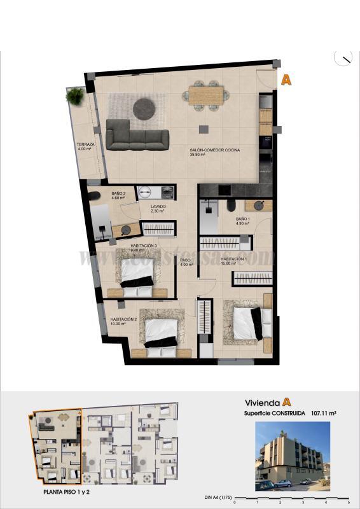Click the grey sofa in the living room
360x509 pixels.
pyautogui.click(x=137, y=135)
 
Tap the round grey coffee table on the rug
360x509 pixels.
pyautogui.click(x=143, y=109)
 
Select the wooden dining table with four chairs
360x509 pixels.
pyautogui.click(x=206, y=95)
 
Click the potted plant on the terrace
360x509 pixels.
pyautogui.click(x=75, y=97)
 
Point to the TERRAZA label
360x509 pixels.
pyautogui.click(x=85, y=145)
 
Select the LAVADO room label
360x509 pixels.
pyautogui.click(x=158, y=207)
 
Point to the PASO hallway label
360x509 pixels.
pyautogui.click(x=186, y=260)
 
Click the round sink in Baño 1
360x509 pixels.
pyautogui.click(x=260, y=205)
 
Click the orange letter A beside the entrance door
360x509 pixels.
pyautogui.click(x=286, y=80)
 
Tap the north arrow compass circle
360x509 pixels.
pyautogui.click(x=343, y=58)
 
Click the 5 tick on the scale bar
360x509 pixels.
pyautogui.click(x=349, y=487)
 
